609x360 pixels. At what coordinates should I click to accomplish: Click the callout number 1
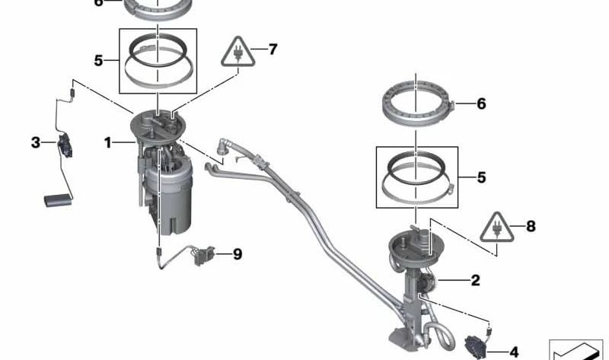point(107,143)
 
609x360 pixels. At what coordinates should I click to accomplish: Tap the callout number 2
point(475,280)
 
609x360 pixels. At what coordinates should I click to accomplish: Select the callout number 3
point(36,142)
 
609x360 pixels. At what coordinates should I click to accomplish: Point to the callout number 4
point(514,352)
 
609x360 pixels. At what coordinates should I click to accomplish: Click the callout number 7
point(273,49)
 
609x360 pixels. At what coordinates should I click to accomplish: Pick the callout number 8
point(531,226)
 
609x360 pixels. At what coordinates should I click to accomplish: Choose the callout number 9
point(238,254)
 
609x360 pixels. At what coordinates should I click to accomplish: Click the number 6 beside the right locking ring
point(481,104)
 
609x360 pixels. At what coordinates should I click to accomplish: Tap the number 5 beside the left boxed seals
point(99,61)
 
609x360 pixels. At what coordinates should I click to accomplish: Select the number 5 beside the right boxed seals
point(481,177)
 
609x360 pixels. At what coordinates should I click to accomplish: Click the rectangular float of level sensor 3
point(58,200)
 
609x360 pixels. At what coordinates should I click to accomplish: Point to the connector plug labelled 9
point(204,256)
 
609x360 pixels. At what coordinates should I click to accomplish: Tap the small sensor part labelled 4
point(475,347)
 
